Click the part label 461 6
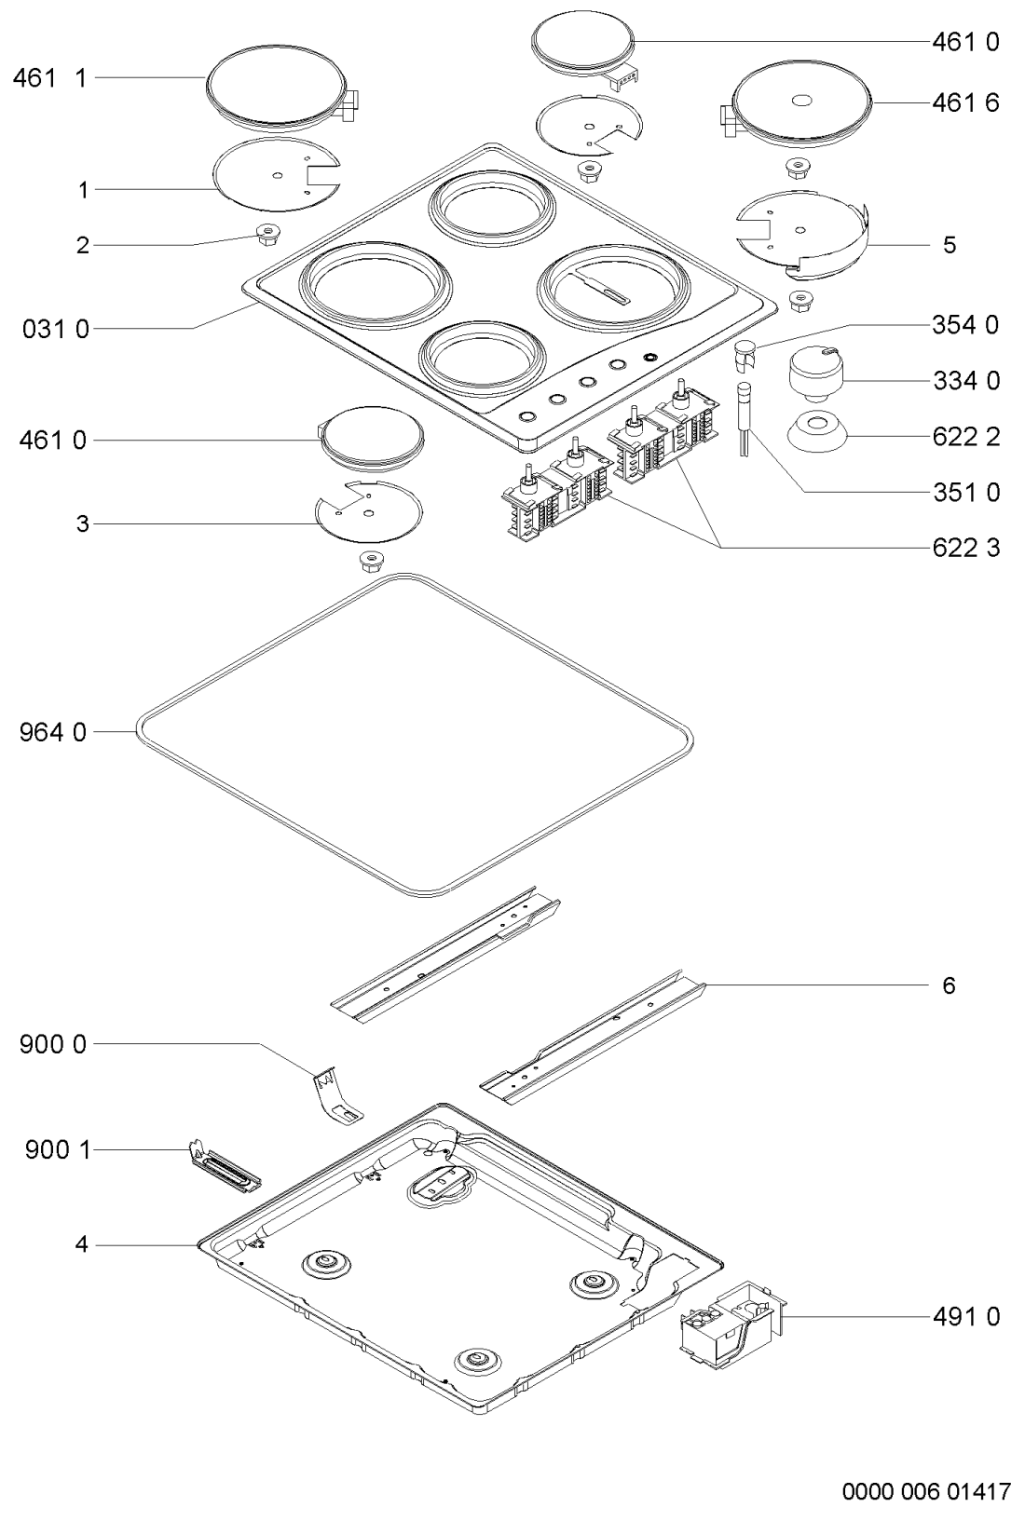pyautogui.click(x=965, y=103)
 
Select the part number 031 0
pyautogui.click(x=56, y=330)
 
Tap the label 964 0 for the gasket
pyautogui.click(x=53, y=733)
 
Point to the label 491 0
pyautogui.click(x=966, y=1317)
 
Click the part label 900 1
pyautogui.click(x=57, y=1150)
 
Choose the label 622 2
pyautogui.click(x=966, y=437)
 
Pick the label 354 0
pyautogui.click(x=965, y=325)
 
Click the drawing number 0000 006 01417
pyautogui.click(x=926, y=1492)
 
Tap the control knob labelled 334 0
pyautogui.click(x=815, y=373)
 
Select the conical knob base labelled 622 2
pyautogui.click(x=815, y=432)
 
